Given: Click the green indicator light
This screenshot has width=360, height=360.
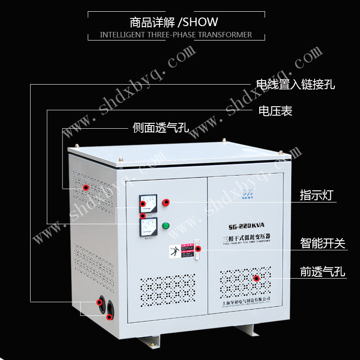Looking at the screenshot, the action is (x=166, y=225).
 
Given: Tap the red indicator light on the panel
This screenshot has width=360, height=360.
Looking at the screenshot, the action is (x=166, y=202).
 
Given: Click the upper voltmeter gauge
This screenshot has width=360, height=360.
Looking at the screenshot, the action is (x=148, y=203).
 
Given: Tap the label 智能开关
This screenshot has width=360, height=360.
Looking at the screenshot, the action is (x=323, y=243).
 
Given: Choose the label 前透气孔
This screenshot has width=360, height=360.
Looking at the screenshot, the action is (x=323, y=272).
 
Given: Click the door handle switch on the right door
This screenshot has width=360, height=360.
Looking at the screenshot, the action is (x=196, y=250).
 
